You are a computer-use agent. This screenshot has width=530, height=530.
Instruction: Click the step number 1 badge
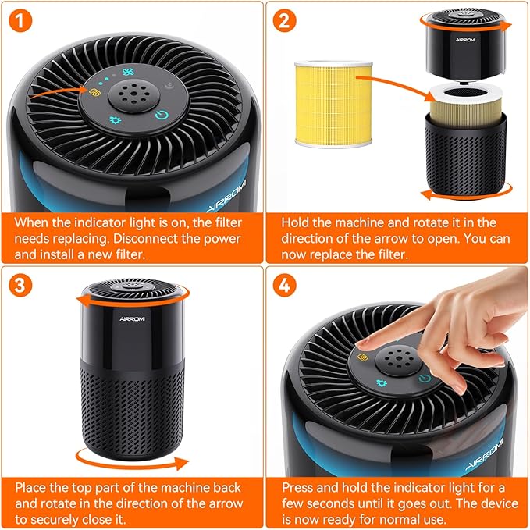pos(23,23)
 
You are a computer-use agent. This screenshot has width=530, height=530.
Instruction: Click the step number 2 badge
pos(286,23)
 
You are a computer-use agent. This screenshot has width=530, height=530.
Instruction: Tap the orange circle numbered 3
pos(23,286)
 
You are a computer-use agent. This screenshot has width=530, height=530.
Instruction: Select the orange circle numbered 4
pos(286,286)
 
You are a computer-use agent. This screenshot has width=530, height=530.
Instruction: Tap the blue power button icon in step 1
pos(159,116)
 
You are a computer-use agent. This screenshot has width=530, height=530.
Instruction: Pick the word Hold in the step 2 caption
pos(297,222)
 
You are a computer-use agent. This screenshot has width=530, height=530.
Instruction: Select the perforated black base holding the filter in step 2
pos(464,156)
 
